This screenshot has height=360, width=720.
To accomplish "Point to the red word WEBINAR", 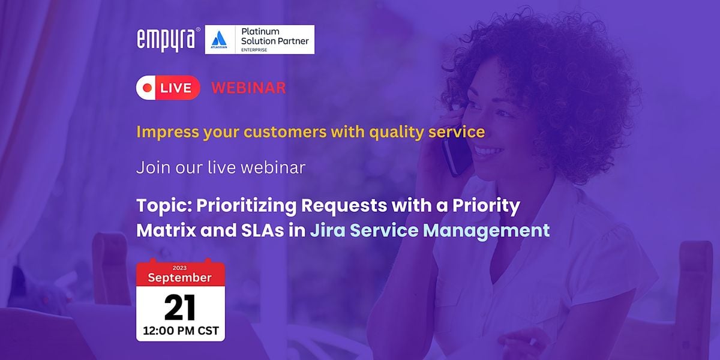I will point(248,88).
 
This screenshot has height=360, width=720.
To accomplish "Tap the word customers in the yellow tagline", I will point(248,131).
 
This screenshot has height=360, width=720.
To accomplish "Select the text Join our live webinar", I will point(220,167).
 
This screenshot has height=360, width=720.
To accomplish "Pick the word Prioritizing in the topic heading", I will point(245,205).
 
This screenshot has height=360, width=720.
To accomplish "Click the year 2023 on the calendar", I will point(180,268).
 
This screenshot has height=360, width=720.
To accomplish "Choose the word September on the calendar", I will point(180,278).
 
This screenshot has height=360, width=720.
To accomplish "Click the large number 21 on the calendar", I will point(180,308).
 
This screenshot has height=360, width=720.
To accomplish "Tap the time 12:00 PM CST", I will point(180,331).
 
